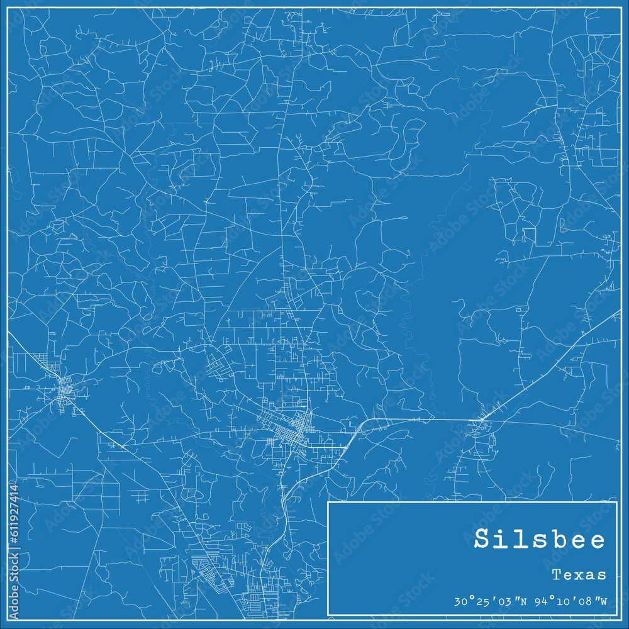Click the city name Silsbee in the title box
point(540,540)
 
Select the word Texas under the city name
point(579,575)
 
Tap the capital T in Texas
point(557,575)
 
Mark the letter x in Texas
point(579,575)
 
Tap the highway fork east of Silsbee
point(481,420)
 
